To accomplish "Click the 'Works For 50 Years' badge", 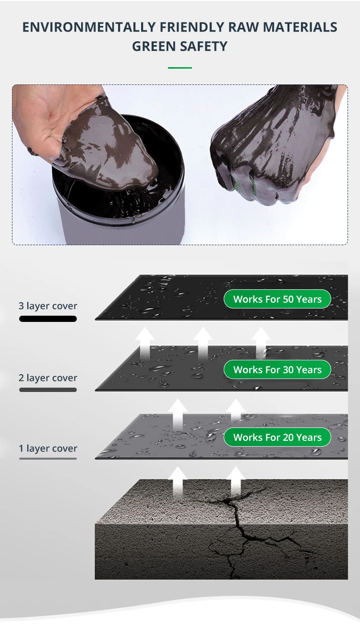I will [x=277, y=299].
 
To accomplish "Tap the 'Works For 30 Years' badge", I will [x=277, y=369].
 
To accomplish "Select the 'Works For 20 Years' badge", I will [x=277, y=437].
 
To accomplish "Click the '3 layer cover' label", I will [x=48, y=306].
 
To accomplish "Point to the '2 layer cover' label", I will [x=48, y=378].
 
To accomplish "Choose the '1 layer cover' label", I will [x=48, y=449].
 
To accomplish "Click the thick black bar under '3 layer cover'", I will [x=48, y=319].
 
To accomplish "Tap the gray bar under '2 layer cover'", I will [x=48, y=390].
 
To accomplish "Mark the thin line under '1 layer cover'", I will [x=48, y=459].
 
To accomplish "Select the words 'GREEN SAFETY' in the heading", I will [x=180, y=47].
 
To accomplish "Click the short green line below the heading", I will [x=180, y=68].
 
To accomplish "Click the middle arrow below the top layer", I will [x=203, y=342].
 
